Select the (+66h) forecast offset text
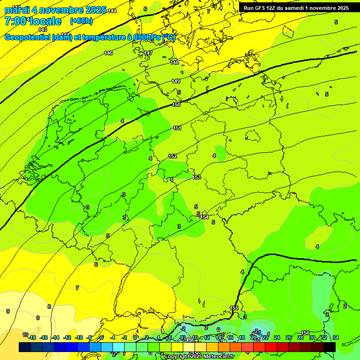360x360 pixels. coord(81,21)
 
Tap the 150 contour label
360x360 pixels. coord(176,105)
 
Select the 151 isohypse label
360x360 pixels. coord(177,128)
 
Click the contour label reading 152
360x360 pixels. coord(172,156)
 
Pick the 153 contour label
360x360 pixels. coord(196,177)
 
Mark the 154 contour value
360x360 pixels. coord(204,217)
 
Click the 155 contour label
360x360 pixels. coord(234,308)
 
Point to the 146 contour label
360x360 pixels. coord(108,53)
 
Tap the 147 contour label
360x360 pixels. coord(148,53)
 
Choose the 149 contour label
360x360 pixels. coord(176,81)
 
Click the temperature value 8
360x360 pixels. coord(49,307)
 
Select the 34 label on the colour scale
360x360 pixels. coord(336,337)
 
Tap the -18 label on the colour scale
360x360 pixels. coord(32,337)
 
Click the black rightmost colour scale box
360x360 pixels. coord(329,347)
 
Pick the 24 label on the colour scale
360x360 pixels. coord(277,337)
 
